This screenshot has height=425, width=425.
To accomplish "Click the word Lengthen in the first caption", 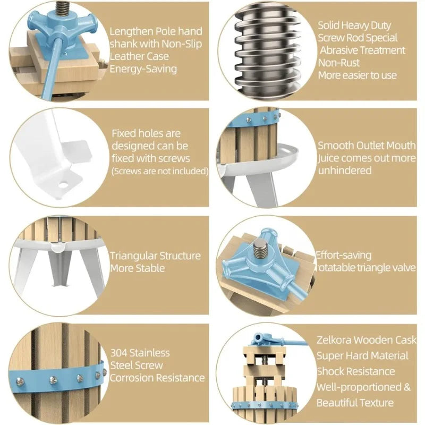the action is point(131,32).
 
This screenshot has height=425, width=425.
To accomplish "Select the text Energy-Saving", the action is point(143,69).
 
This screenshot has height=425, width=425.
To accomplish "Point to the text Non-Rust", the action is point(338,63).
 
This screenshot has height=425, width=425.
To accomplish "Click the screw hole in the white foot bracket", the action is point(63,185).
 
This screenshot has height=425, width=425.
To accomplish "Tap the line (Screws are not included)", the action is point(160,171).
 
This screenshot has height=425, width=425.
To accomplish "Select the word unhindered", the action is point(345,171).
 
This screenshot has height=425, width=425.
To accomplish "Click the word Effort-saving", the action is point(344,256).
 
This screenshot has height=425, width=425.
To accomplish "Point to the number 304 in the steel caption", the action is point(118,353).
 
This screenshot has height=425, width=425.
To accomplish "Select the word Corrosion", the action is point(132,378).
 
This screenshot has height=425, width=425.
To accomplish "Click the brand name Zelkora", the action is point(334,340).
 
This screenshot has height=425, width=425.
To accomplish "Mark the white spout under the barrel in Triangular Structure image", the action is point(58,246).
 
